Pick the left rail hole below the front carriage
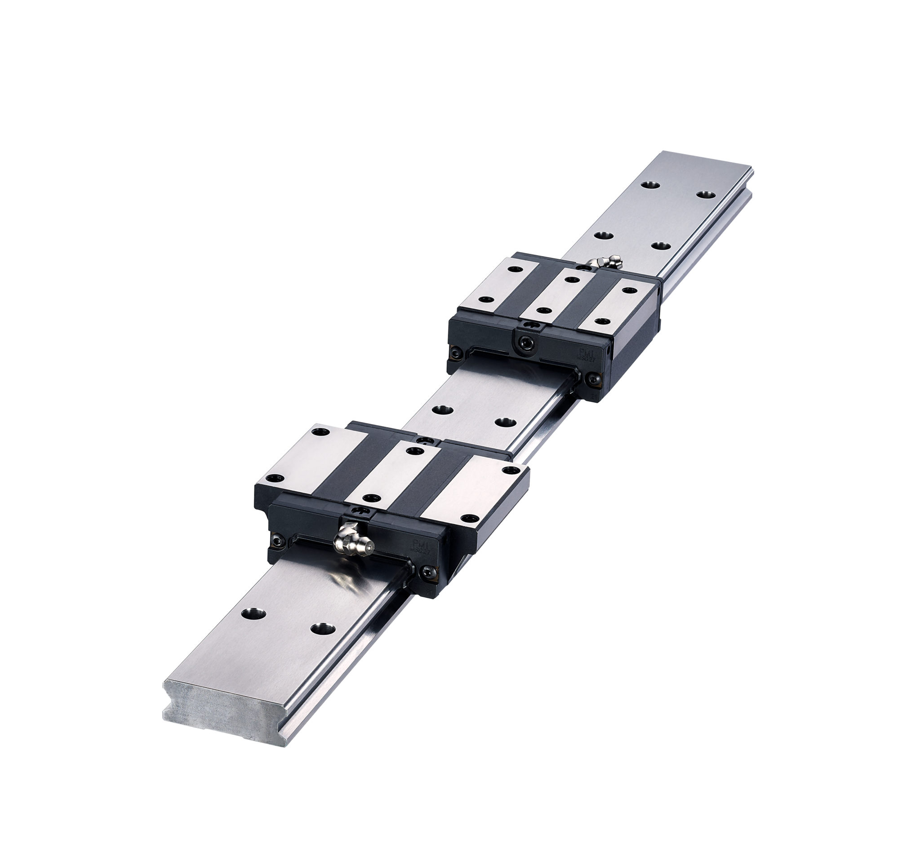[253, 613]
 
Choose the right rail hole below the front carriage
[323, 629]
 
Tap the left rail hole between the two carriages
[442, 409]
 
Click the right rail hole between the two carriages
[505, 422]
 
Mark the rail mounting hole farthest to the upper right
[706, 195]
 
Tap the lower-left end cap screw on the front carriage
[276, 541]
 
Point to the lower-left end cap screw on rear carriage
[455, 351]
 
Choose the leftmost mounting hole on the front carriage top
[275, 478]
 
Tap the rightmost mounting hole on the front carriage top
[512, 470]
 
